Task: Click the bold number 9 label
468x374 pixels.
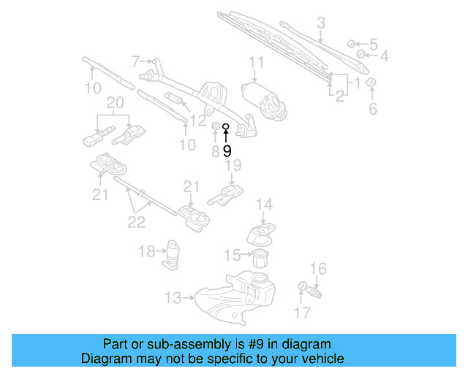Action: [227, 151]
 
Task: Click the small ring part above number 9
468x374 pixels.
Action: [227, 126]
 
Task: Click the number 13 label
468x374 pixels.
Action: [172, 298]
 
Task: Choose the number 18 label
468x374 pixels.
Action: [146, 252]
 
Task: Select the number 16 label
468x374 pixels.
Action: [318, 269]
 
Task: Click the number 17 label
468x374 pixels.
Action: [302, 314]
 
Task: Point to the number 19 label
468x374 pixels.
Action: [233, 166]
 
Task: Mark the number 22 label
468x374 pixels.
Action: [137, 222]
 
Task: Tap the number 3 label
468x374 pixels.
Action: [320, 23]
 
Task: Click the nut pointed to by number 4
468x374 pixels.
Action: [361, 55]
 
